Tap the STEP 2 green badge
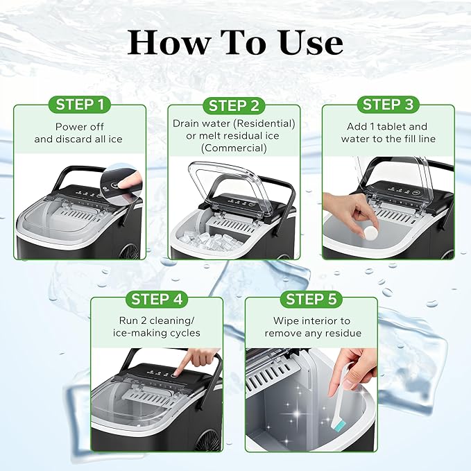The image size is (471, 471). [x=234, y=105]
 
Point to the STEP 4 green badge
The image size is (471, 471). [x=157, y=300]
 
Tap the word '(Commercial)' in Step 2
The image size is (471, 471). [x=235, y=148]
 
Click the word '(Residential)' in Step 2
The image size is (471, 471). [x=265, y=123]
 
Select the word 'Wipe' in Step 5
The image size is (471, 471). [x=286, y=320]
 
